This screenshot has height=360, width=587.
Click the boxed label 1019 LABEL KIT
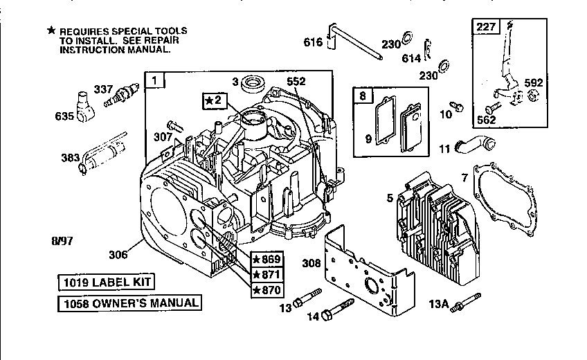tap(105, 282)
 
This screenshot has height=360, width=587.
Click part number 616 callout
tap(313, 42)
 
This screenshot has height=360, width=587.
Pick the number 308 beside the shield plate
tap(311, 262)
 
